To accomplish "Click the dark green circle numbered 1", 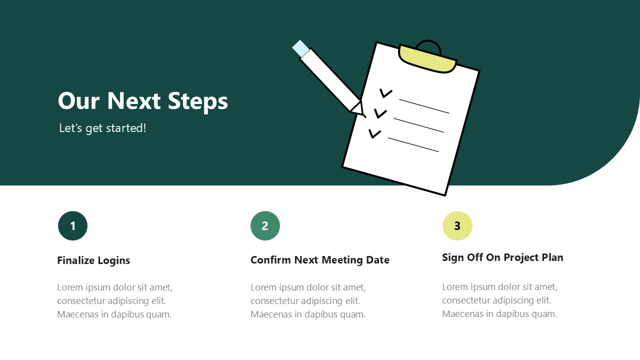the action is click(x=72, y=225).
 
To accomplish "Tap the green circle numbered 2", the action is click(x=265, y=225).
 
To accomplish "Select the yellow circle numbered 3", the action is click(x=457, y=225).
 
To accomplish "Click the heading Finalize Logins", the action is click(x=93, y=260).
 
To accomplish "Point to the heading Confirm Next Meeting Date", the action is click(x=320, y=260).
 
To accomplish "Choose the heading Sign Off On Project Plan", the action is click(x=502, y=257).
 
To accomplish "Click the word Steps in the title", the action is click(x=197, y=101).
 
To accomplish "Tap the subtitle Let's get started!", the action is click(x=102, y=128).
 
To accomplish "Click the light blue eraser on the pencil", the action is click(x=300, y=48).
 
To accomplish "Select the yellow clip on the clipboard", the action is click(x=427, y=59).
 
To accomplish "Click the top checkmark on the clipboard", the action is click(x=385, y=93).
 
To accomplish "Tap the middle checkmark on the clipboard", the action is click(x=380, y=113).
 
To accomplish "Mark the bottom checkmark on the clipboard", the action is click(x=374, y=133).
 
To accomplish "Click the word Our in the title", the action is click(x=78, y=100).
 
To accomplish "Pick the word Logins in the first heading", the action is click(x=113, y=261).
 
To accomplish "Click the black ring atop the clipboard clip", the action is click(x=428, y=42).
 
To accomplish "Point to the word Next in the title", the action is click(x=133, y=100).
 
